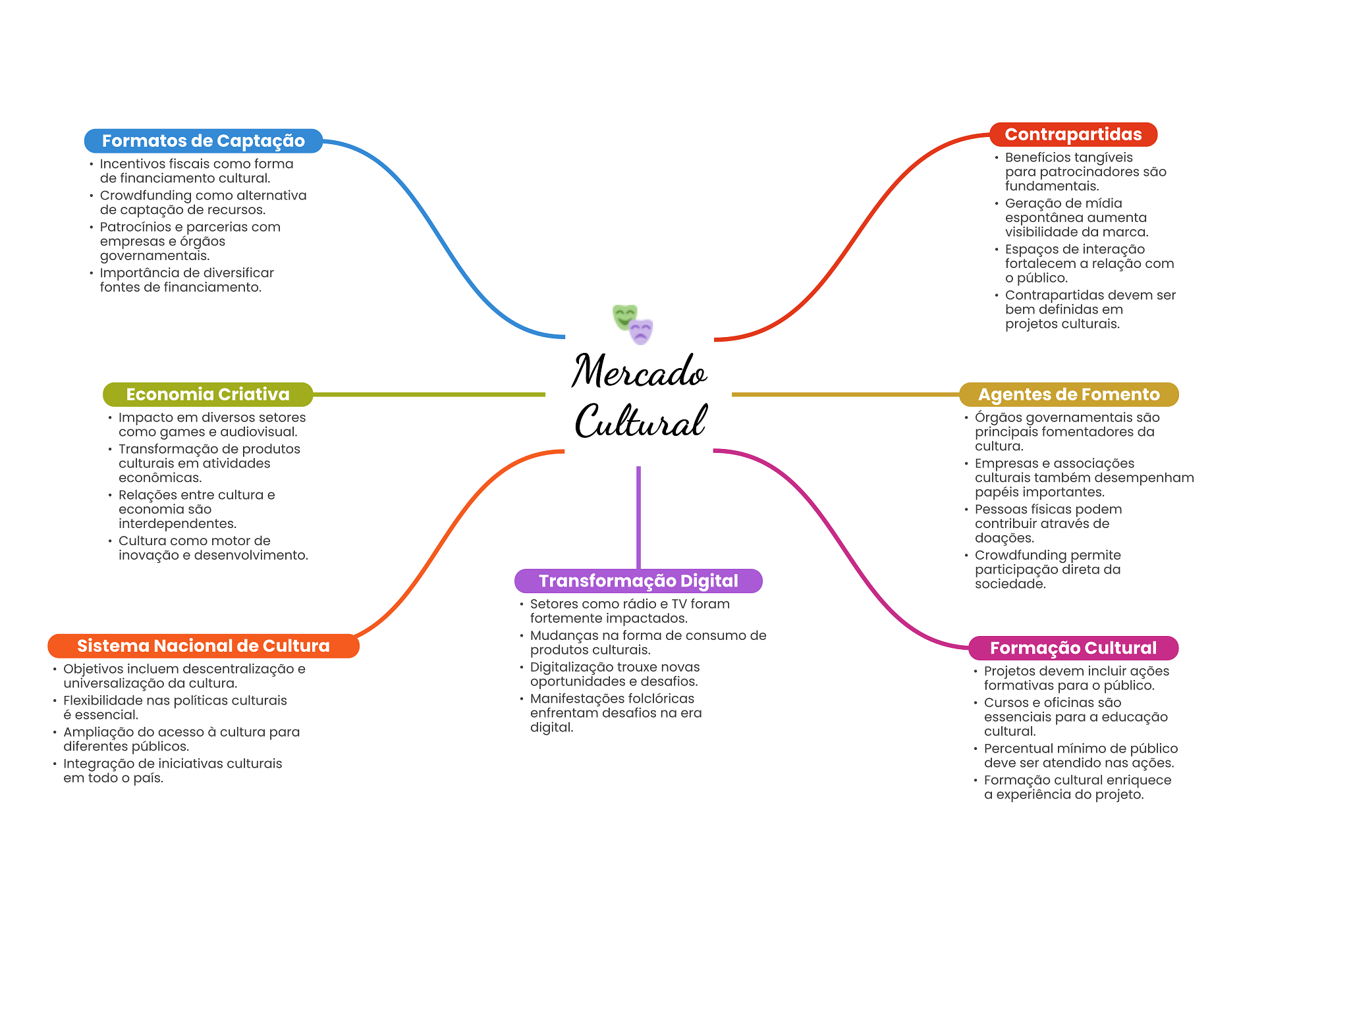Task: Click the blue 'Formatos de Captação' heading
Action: click(x=203, y=141)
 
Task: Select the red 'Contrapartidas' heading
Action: click(x=1073, y=134)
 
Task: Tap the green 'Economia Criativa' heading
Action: click(x=207, y=394)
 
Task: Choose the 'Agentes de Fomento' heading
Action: click(x=1068, y=394)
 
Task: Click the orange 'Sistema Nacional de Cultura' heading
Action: click(x=203, y=646)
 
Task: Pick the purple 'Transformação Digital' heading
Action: click(x=638, y=581)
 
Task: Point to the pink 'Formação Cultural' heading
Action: click(x=1073, y=648)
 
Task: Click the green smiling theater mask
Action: click(x=623, y=316)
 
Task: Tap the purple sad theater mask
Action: click(x=641, y=332)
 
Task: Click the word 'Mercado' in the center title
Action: click(x=638, y=372)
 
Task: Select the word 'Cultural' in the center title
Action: click(x=640, y=421)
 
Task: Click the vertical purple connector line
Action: click(x=638, y=517)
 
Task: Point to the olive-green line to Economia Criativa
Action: click(x=428, y=394)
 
